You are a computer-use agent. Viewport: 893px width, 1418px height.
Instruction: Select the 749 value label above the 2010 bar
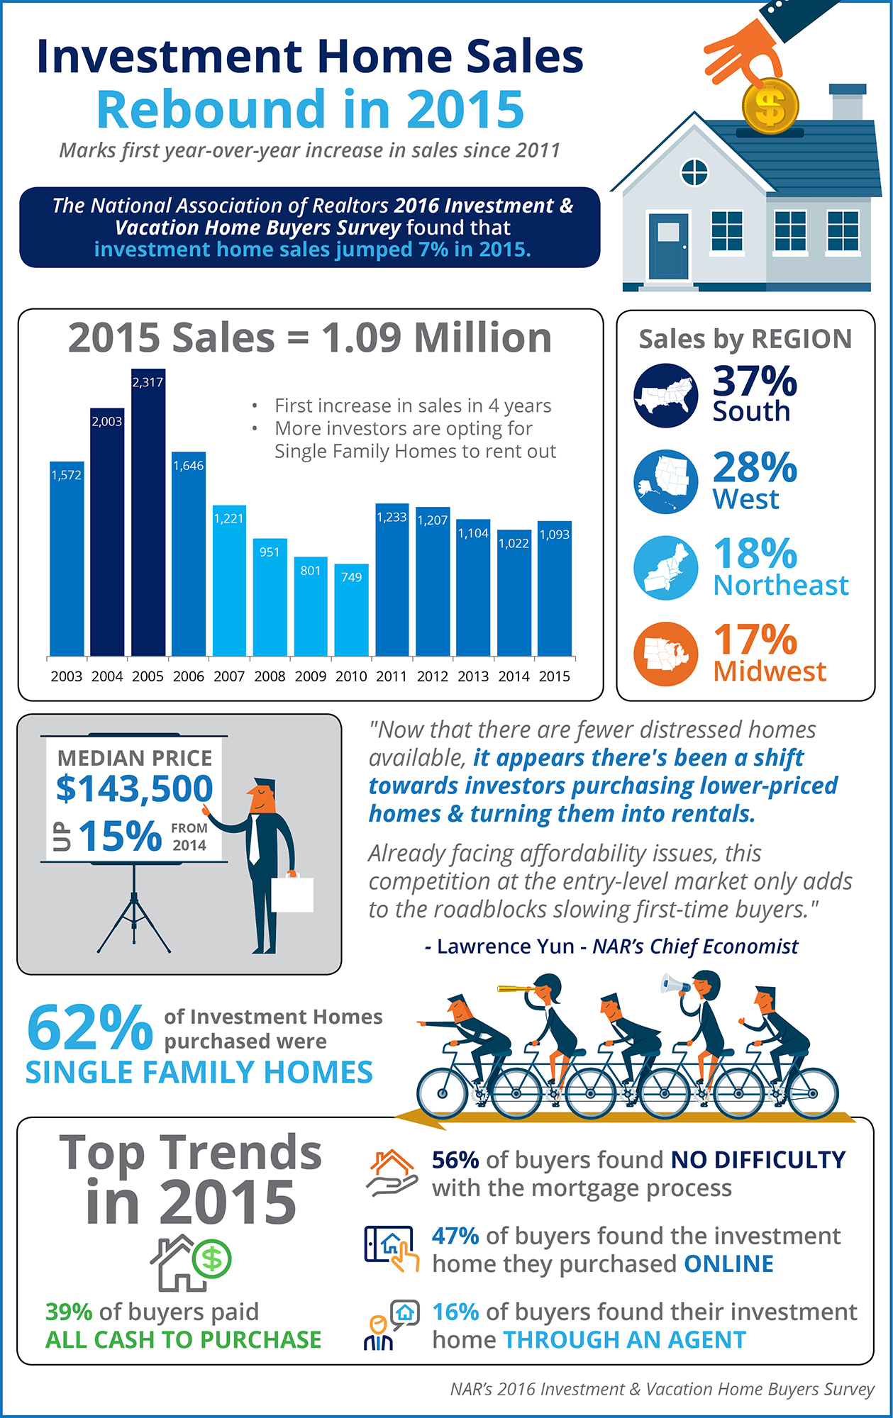(x=352, y=577)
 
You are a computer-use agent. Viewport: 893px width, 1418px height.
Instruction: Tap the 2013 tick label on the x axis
(x=473, y=676)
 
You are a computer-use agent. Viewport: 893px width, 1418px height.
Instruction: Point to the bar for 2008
(x=270, y=599)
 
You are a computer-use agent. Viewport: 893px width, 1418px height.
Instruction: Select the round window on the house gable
(x=694, y=172)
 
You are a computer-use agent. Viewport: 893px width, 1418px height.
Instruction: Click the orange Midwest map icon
(x=665, y=654)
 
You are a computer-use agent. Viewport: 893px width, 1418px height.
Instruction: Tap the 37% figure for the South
(x=755, y=381)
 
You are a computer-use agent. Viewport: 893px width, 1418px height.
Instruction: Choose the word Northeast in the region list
(x=781, y=586)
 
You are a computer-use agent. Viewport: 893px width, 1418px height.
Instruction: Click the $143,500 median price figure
(x=135, y=788)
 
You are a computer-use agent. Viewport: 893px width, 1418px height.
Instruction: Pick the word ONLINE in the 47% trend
(x=728, y=1264)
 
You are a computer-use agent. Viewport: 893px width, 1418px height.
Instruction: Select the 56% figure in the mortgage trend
(x=455, y=1160)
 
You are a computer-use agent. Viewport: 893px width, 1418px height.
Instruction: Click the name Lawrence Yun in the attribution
(x=505, y=947)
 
